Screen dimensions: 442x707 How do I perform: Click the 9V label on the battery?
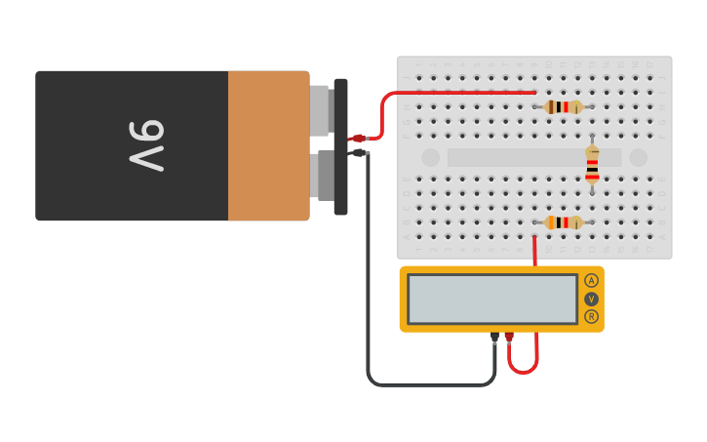pos(145,146)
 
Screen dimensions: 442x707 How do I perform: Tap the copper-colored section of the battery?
pos(268,146)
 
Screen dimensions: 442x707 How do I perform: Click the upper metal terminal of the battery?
pos(320,109)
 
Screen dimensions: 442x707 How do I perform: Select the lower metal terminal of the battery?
pos(320,176)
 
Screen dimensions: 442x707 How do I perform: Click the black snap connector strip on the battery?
pos(340,146)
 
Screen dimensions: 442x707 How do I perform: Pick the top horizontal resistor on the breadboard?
pos(563,106)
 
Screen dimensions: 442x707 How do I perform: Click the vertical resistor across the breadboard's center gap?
pos(592,166)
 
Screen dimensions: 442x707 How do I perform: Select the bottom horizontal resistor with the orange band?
pos(563,222)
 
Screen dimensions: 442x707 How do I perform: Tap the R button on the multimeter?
pos(591,316)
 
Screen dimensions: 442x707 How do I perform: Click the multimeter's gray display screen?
pos(492,299)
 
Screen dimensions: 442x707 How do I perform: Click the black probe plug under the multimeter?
pos(494,338)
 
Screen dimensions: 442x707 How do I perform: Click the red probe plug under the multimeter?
pos(509,338)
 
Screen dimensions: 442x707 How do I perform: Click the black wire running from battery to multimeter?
pos(369,293)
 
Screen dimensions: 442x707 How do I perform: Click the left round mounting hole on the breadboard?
pos(430,157)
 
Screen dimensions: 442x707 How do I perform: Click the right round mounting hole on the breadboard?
pos(638,157)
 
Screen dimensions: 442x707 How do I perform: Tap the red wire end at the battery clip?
pos(358,139)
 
